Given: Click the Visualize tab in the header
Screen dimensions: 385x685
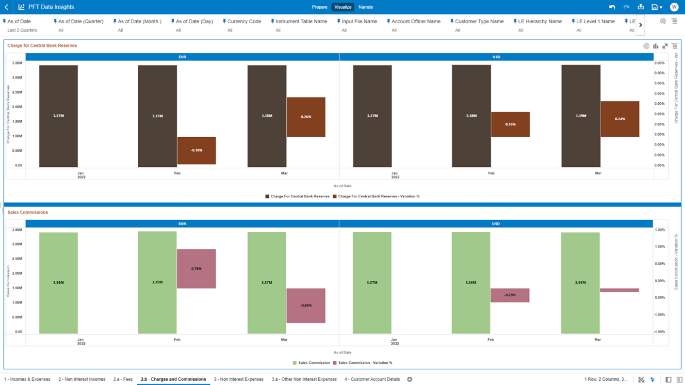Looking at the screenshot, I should coord(342,7).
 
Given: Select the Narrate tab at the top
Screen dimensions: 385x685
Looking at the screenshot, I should coord(366,7).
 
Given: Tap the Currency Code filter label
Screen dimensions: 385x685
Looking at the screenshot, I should coord(244,21).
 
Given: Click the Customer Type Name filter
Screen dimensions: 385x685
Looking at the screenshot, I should coord(479,21).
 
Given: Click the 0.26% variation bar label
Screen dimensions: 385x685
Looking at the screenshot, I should coord(306,117).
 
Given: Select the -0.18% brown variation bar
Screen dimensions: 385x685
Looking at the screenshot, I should coord(196,150).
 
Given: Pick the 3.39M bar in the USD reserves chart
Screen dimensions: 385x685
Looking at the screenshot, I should coord(581,116).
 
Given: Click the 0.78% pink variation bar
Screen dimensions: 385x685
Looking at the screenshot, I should coord(196,269).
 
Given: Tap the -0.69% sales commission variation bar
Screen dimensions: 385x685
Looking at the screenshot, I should coord(306,305).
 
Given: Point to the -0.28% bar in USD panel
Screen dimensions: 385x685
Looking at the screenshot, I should coord(510,295).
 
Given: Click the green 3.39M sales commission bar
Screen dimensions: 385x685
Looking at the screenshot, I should coord(157,282).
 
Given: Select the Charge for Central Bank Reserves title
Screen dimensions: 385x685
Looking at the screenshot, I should coord(42,46).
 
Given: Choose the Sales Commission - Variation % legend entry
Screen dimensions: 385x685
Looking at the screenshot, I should coord(365,363).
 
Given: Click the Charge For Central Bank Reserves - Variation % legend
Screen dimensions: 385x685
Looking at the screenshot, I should coord(378,196).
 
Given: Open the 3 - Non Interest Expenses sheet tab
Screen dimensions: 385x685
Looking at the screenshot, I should coord(239,379).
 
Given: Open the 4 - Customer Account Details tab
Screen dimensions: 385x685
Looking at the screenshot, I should coord(372,379).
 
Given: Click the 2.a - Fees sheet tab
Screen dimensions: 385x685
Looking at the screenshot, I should coord(123,379).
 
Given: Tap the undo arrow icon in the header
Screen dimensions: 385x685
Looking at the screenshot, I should coord(612,7).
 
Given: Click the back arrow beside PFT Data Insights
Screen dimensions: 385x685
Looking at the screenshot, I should coord(7,7).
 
